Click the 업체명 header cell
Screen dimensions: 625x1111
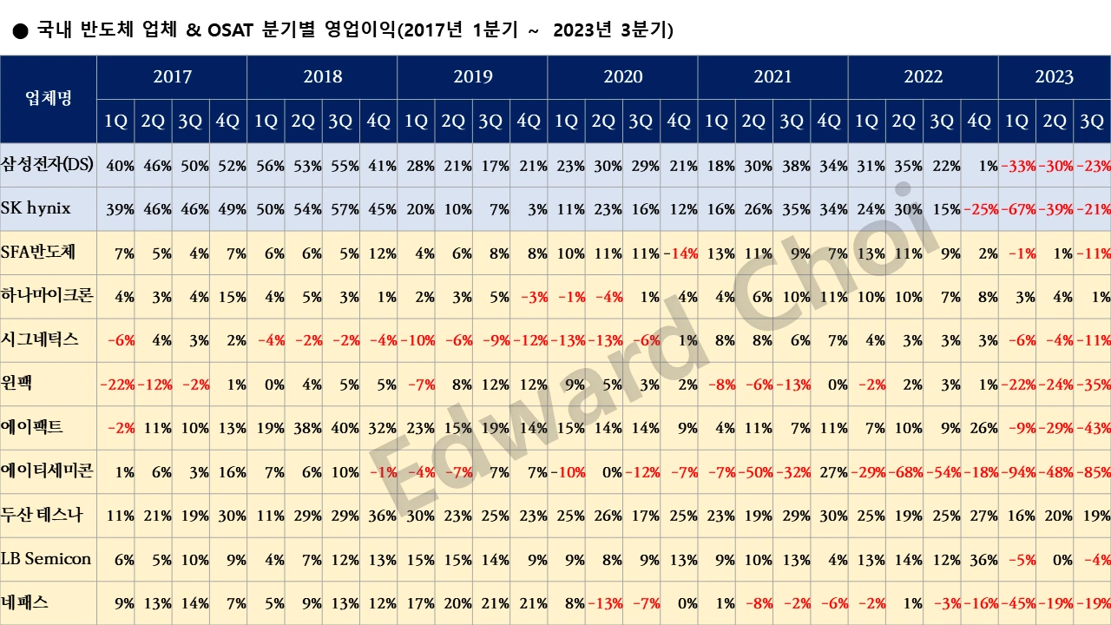click(x=49, y=99)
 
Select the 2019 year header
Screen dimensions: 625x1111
click(x=472, y=76)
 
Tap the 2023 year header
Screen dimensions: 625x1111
click(x=1054, y=76)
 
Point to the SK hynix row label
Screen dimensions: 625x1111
click(x=36, y=209)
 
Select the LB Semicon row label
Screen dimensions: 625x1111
click(x=46, y=559)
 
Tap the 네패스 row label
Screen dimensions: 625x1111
click(x=25, y=602)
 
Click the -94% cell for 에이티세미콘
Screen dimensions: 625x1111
click(x=1017, y=471)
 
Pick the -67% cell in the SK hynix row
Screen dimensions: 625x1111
click(x=1017, y=209)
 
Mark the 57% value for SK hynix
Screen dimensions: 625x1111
click(x=341, y=209)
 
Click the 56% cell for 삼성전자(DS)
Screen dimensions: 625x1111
click(x=266, y=165)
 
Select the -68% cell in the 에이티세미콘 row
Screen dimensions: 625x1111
click(x=904, y=471)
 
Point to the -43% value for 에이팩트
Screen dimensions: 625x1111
click(x=1092, y=428)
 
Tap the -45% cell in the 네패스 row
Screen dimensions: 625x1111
click(x=1017, y=602)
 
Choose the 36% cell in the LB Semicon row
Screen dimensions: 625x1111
click(x=982, y=559)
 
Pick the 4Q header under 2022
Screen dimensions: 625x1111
click(x=979, y=122)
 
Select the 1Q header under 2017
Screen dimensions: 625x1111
click(x=115, y=122)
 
